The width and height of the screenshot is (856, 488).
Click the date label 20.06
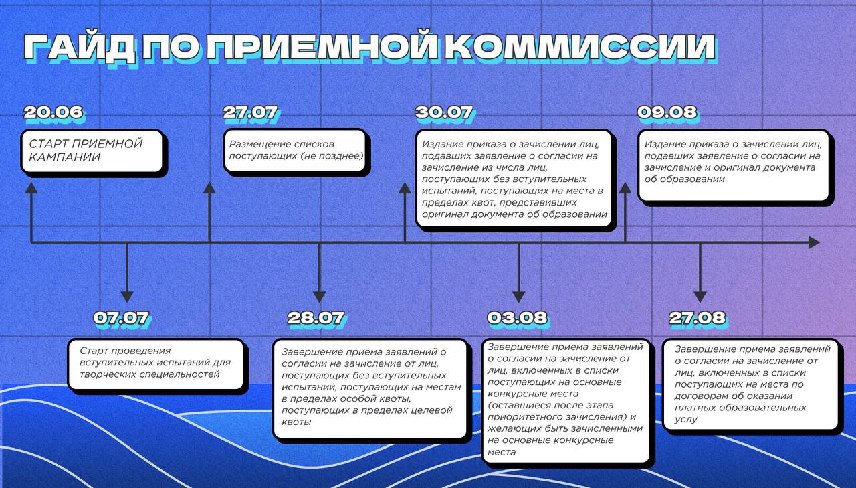pos(53,112)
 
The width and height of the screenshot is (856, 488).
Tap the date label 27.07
pos(251,112)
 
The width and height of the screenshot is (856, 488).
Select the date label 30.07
pos(445,112)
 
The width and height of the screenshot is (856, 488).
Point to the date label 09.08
pos(667,112)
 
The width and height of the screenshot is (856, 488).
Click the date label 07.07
pos(122,318)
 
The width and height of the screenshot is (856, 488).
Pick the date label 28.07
pos(316,318)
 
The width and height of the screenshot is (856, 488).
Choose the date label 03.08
pos(518,318)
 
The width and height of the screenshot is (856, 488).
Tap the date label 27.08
pos(698,318)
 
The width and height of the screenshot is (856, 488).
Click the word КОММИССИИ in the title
pos(580,48)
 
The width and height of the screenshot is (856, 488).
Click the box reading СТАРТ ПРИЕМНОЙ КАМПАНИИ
pos(92,151)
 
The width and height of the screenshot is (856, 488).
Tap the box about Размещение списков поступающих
pos(295,151)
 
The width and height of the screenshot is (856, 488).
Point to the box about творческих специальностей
pos(156,364)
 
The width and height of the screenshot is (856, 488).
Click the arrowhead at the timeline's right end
pos(815,242)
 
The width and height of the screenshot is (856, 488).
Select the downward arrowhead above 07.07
pos(127,297)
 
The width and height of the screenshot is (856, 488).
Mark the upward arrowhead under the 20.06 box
pos(31,188)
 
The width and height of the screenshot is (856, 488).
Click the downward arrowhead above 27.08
pos(700,297)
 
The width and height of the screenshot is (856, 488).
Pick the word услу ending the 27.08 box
pos(686,419)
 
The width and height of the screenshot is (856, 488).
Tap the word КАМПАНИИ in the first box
pos(65,157)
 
